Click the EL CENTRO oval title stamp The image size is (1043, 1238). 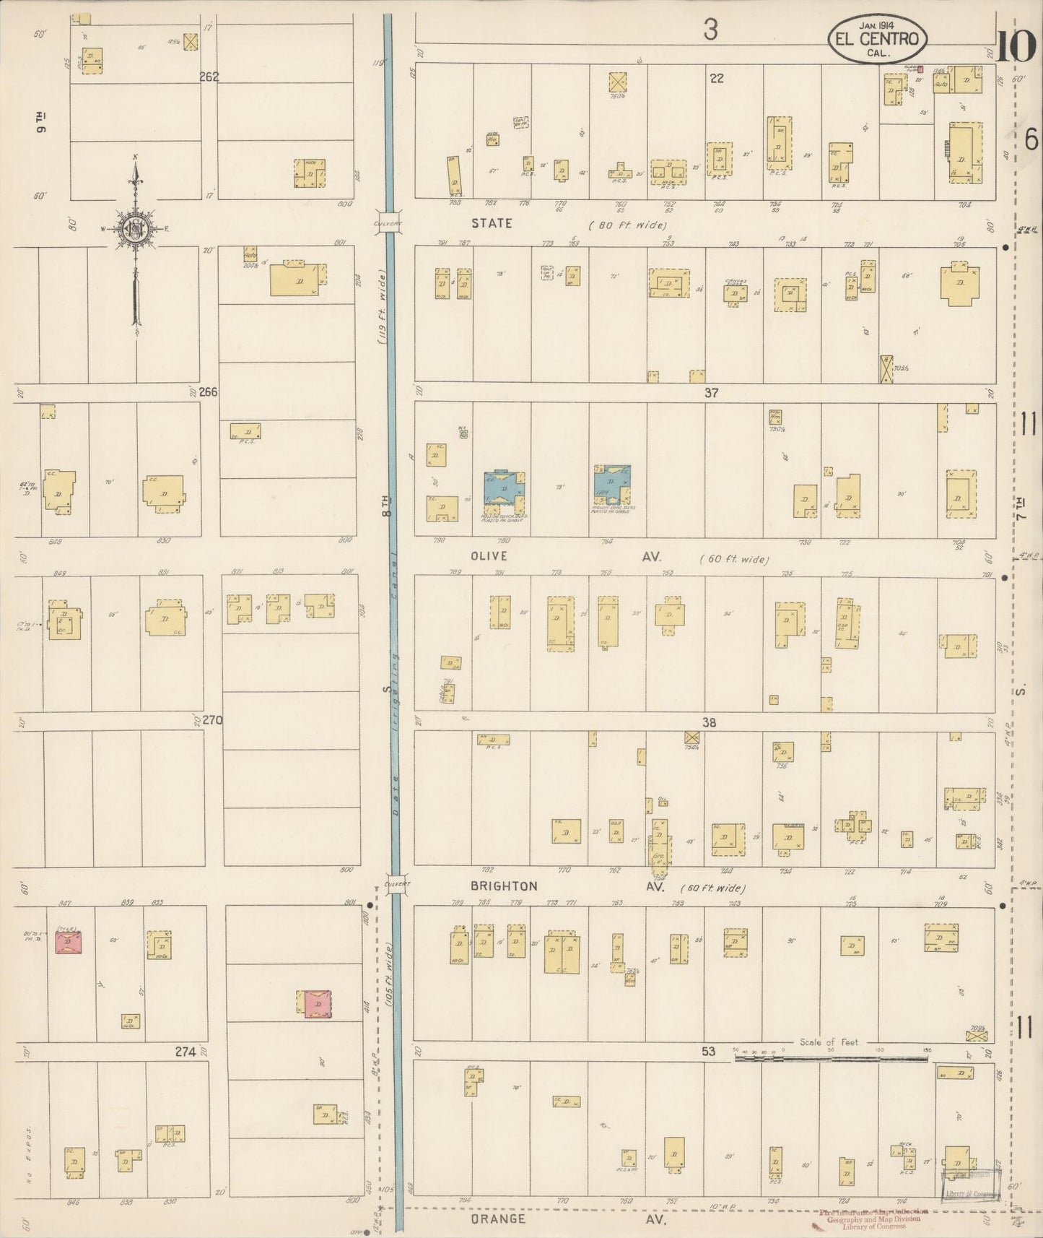point(877,38)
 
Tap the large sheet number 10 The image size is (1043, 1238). point(1017,48)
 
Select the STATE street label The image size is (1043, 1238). point(492,223)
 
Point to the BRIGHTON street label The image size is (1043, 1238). point(504,886)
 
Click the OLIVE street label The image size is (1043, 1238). point(489,556)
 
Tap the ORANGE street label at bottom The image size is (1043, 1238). point(498,1218)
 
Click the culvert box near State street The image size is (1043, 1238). point(389,223)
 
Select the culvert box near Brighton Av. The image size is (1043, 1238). point(396,884)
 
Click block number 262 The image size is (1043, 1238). point(209,77)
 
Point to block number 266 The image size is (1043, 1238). point(208,392)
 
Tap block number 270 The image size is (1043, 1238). point(212,720)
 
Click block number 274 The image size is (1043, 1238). point(186,1052)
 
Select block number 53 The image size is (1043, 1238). point(708,1051)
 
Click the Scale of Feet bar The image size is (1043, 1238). point(830,1058)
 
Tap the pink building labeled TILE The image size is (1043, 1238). point(69,943)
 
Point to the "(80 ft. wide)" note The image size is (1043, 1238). point(627,225)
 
